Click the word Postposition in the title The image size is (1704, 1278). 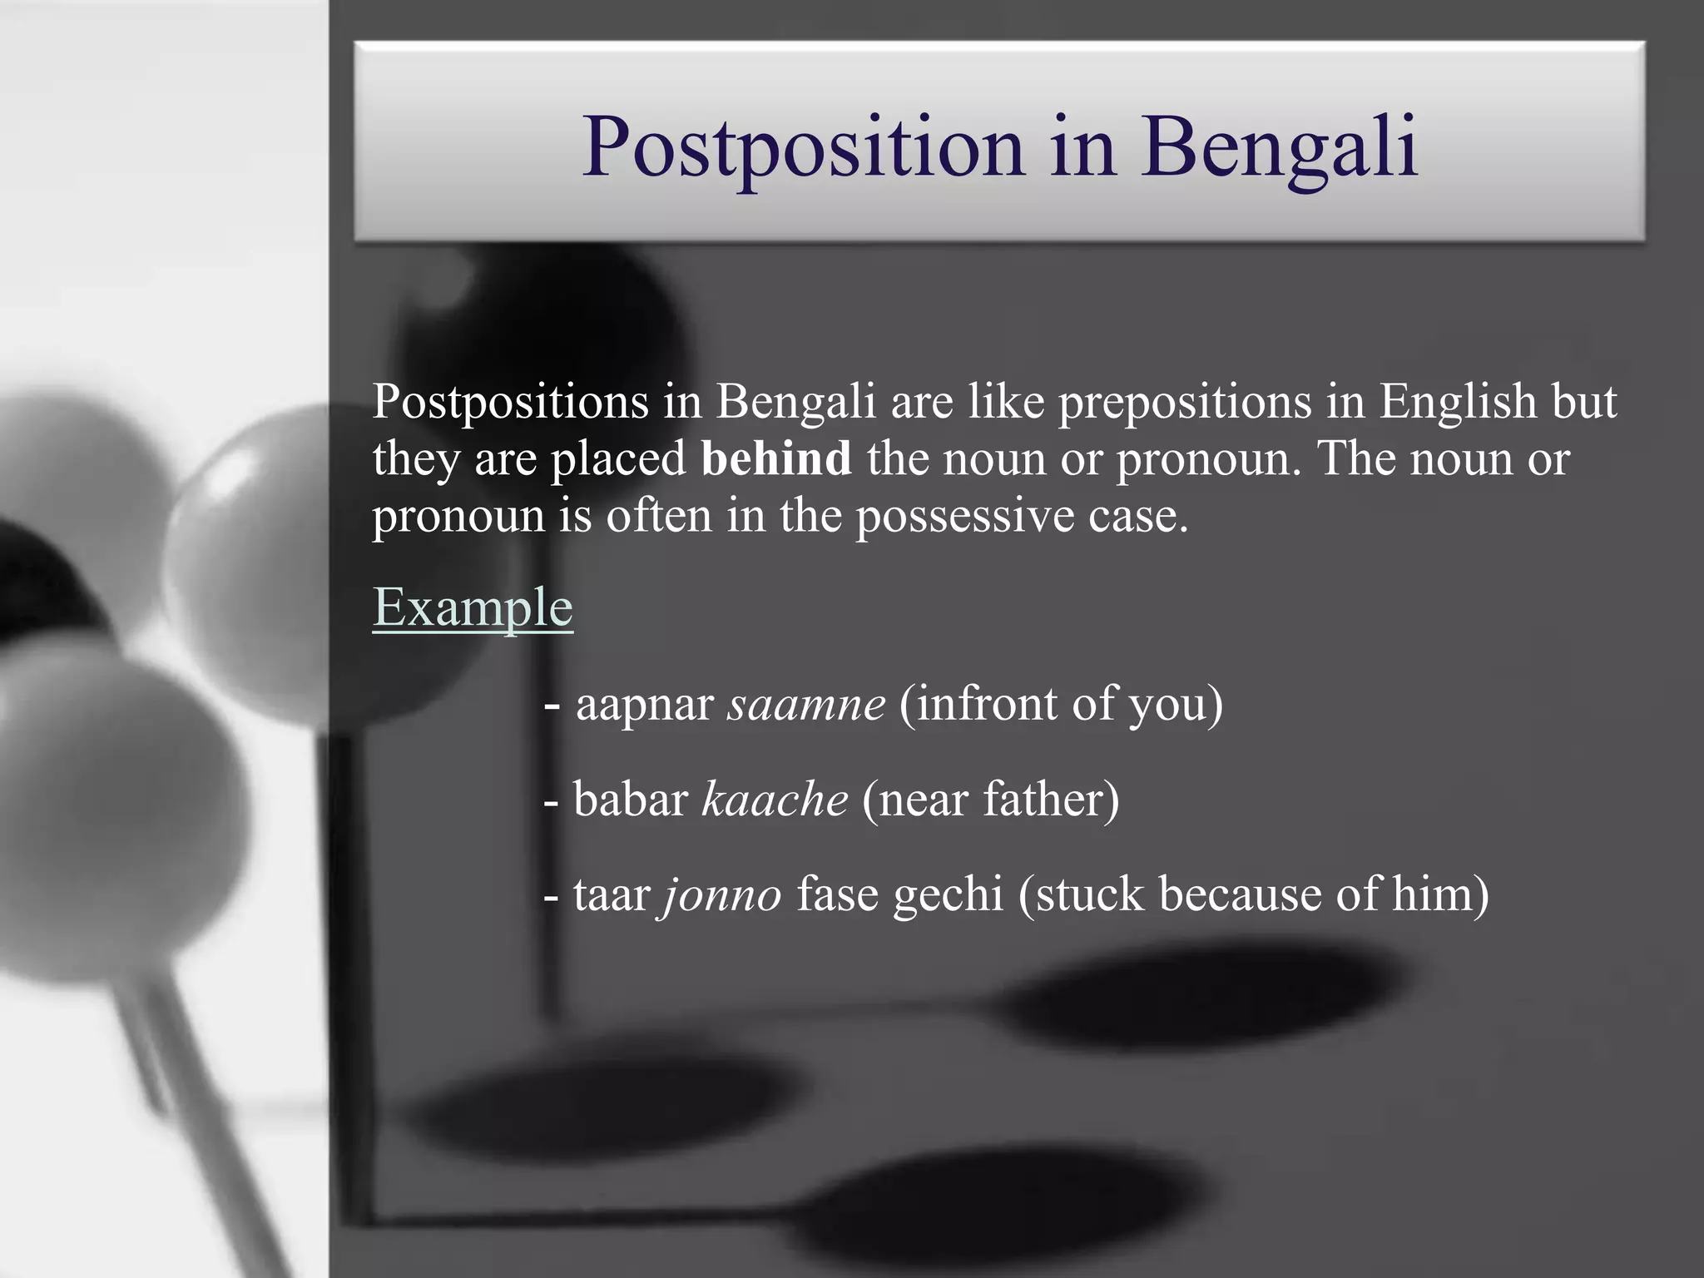803,148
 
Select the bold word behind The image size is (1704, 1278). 776,458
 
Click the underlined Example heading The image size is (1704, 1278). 473,607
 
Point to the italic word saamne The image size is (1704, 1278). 806,705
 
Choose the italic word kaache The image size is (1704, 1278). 775,800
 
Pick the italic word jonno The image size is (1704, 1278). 721,895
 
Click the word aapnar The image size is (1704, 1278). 645,705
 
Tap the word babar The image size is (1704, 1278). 631,800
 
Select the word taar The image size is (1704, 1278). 612,895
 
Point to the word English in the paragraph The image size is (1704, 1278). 1457,402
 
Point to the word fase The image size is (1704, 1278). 837,895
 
